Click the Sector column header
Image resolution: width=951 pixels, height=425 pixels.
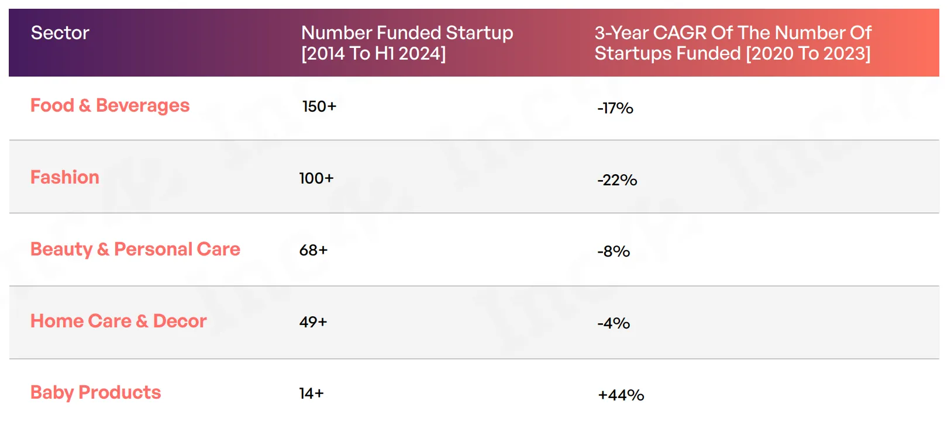point(60,33)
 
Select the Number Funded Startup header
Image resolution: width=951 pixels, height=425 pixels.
point(407,43)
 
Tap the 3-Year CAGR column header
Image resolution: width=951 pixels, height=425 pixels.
point(733,43)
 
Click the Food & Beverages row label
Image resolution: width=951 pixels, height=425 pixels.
point(110,105)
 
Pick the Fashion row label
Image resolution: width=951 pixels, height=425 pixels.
point(64,177)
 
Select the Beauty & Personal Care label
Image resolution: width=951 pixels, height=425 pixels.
point(135,250)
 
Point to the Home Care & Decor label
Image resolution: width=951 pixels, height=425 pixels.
point(119,321)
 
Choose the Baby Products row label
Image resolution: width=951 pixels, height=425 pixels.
point(95,393)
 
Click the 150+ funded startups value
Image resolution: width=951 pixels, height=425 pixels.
point(319,106)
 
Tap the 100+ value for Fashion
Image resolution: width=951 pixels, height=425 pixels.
point(316,178)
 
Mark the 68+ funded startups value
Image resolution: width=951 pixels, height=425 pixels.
point(313,250)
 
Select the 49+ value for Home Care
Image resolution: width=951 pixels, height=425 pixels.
point(313,322)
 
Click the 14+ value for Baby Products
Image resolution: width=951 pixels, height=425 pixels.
point(311,393)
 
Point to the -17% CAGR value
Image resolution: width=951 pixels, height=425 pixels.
point(615,108)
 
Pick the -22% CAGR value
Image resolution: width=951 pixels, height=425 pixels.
point(617,180)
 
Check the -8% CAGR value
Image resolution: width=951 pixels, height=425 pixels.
point(614,251)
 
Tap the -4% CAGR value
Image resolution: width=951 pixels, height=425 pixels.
point(614,324)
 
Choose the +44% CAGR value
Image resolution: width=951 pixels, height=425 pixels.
point(621,395)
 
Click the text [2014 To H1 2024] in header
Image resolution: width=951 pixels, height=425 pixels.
point(374,54)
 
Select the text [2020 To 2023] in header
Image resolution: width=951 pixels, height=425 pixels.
point(808,54)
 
